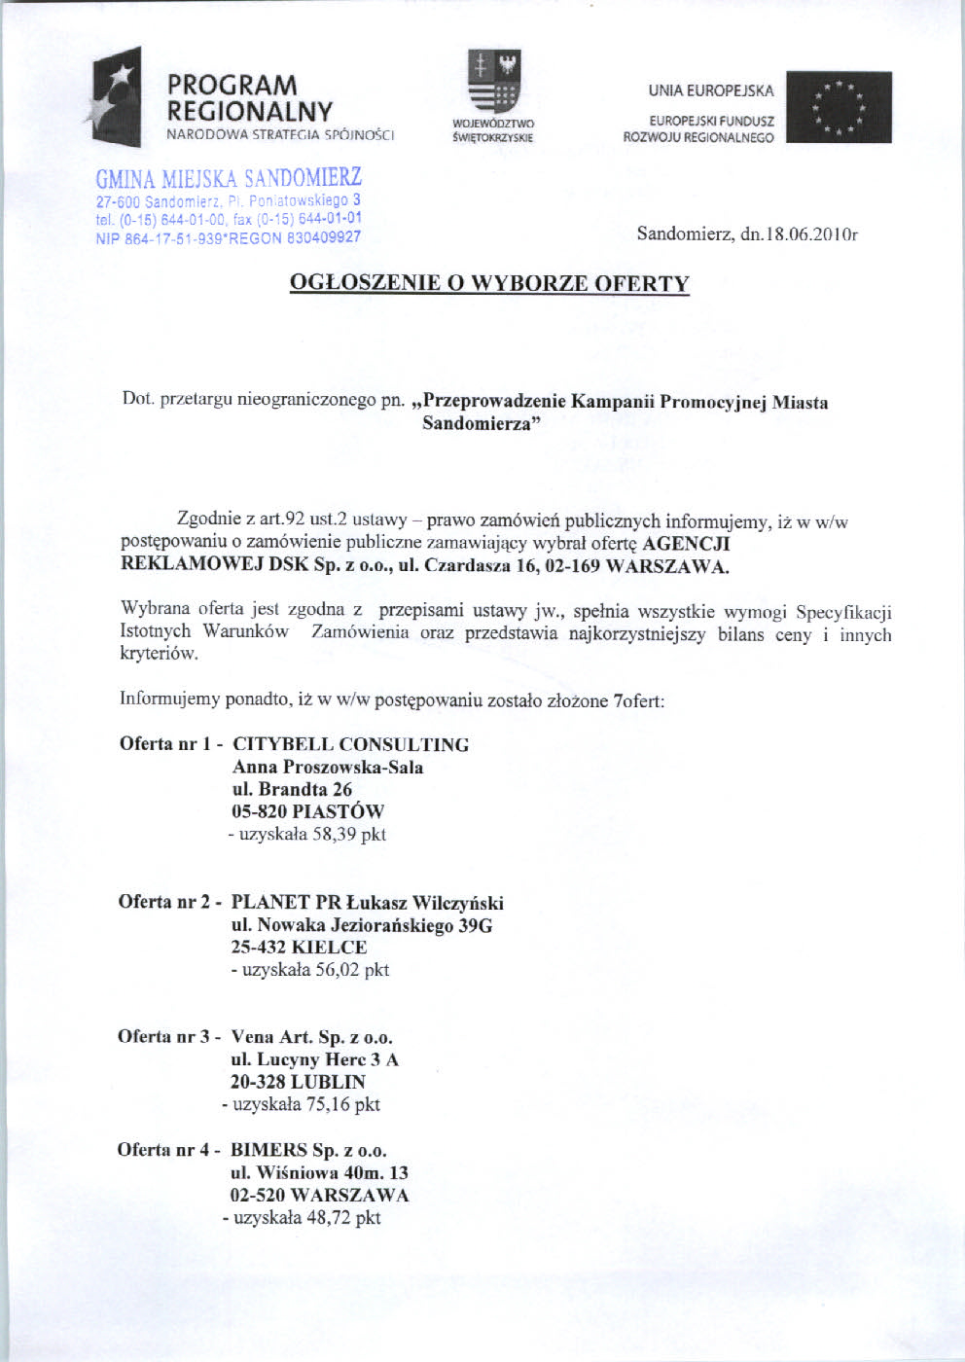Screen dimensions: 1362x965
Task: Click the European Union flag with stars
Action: point(839,107)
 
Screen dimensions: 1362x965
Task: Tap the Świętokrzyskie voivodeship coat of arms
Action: point(494,84)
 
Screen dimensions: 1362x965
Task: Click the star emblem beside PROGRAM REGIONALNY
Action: point(117,95)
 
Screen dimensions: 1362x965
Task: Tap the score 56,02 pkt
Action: point(351,970)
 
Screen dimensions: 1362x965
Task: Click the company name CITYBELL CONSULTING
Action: point(350,745)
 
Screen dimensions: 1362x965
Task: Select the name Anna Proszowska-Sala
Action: point(328,768)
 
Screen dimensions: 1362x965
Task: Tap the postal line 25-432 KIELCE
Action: point(299,948)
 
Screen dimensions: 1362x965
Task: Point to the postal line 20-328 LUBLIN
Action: point(298,1083)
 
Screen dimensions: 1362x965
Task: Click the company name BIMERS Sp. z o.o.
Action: point(308,1150)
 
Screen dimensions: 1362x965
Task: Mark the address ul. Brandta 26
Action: point(292,790)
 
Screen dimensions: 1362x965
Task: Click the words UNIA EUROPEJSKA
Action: point(711,91)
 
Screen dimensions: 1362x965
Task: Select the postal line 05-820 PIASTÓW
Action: point(307,812)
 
